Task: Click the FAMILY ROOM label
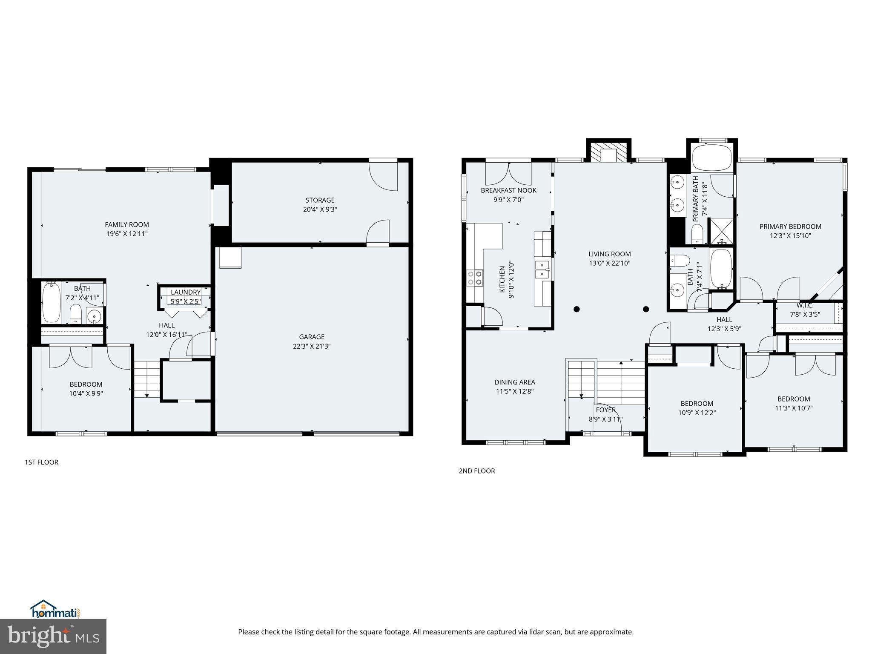127,224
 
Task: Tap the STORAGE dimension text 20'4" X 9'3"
320,209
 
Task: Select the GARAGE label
311,337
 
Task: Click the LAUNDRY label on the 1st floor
185,292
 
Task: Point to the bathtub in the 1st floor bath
52,302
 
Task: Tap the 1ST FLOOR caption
41,462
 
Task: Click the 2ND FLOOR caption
476,471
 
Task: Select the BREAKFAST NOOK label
508,190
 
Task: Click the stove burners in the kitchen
475,278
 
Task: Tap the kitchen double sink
542,269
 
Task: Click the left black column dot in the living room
577,309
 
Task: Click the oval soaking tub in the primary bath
711,158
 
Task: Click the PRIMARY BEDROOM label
790,227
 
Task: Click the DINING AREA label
514,382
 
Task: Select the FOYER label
605,410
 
